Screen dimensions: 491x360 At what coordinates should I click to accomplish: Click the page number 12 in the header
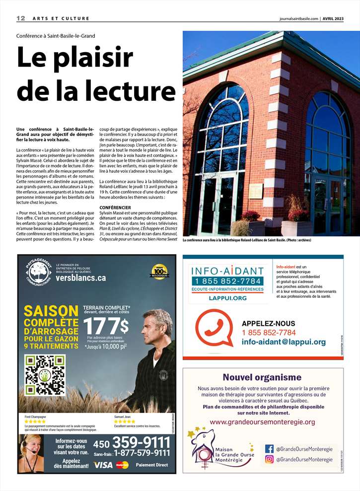(x=20, y=18)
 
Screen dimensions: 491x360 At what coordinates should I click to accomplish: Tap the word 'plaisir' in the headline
(x=96, y=59)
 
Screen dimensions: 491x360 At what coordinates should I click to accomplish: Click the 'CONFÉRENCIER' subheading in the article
(x=115, y=207)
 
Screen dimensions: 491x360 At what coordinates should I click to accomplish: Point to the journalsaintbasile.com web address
(x=298, y=18)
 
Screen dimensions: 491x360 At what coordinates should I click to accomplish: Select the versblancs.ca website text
(x=81, y=278)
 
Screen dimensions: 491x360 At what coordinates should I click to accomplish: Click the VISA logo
(x=103, y=465)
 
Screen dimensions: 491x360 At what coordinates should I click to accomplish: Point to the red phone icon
(x=214, y=328)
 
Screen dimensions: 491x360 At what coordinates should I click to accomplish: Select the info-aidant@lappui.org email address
(x=284, y=342)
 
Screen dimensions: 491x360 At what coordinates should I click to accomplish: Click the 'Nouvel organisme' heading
(x=262, y=377)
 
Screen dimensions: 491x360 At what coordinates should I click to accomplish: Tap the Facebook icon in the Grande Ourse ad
(x=269, y=448)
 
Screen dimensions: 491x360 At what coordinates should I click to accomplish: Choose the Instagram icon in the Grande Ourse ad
(x=269, y=459)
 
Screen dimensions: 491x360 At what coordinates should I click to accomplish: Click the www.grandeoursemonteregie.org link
(x=262, y=422)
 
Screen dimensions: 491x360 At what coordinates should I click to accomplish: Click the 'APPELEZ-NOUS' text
(x=268, y=323)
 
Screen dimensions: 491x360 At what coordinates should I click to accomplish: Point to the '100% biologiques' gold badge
(x=159, y=271)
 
